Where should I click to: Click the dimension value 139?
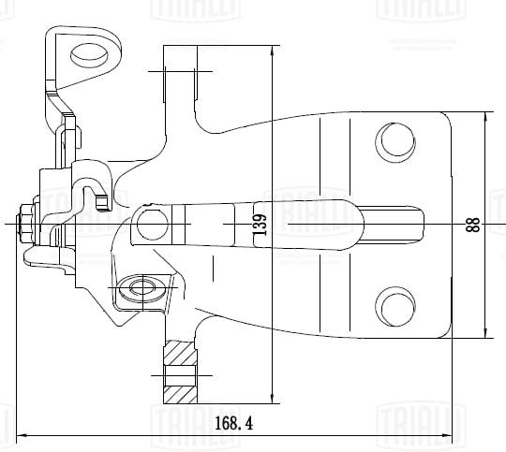(260, 225)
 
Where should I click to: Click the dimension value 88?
(472, 225)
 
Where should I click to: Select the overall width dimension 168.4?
(233, 423)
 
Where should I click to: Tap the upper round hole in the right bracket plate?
(394, 141)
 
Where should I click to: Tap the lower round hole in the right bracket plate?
(394, 306)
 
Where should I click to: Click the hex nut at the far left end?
(25, 224)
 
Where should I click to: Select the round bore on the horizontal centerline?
(152, 223)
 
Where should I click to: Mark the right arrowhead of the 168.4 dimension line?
(463, 435)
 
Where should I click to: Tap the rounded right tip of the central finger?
(419, 224)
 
